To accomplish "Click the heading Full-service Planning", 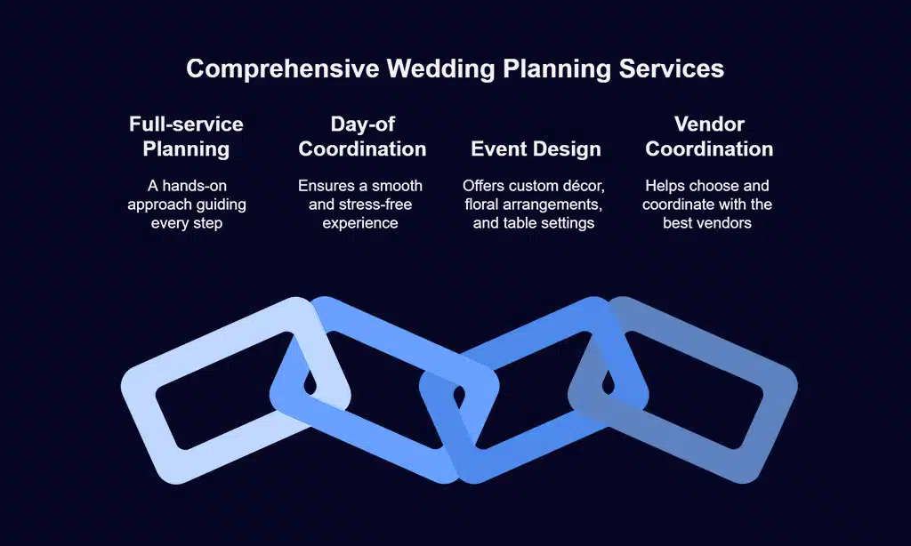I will (x=186, y=136).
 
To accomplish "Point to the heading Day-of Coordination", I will (x=362, y=136).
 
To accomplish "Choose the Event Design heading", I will (x=536, y=149).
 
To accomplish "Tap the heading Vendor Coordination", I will (x=709, y=136).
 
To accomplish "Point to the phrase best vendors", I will (x=707, y=222).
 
